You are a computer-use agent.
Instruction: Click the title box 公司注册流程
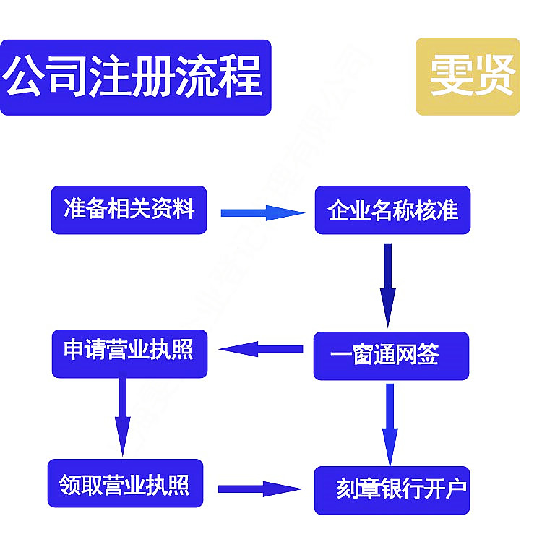tap(135, 77)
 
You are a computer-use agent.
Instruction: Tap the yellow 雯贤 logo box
tap(468, 77)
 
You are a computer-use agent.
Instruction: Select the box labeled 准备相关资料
tap(129, 210)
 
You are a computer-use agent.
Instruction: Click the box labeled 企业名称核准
tap(392, 210)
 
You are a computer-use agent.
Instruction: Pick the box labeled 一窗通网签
tap(391, 356)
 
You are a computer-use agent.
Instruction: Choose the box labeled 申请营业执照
tap(129, 353)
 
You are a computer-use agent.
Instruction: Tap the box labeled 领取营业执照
tap(126, 483)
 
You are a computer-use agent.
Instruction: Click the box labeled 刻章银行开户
tap(392, 490)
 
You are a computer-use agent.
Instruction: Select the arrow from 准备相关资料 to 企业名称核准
tap(262, 212)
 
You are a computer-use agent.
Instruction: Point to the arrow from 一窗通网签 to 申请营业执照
tap(261, 350)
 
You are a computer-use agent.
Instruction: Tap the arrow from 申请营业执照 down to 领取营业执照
tap(122, 415)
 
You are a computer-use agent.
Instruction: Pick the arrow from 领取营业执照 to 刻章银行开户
tap(259, 489)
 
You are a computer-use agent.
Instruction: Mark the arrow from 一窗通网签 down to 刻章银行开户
tap(390, 423)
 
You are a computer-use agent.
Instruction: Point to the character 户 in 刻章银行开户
tap(456, 490)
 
